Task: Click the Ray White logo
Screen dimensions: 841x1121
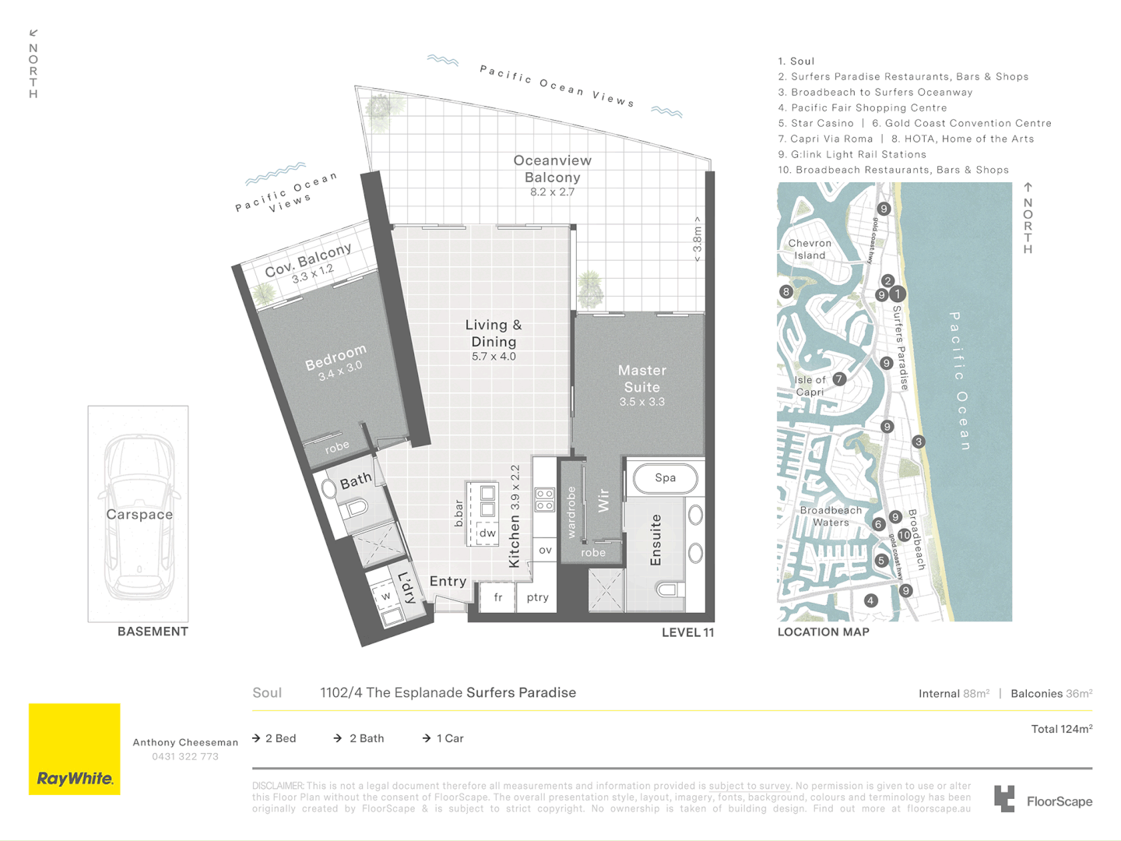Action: (x=75, y=749)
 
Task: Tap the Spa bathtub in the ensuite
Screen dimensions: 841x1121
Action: (x=665, y=478)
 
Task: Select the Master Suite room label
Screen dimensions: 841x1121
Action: (x=641, y=378)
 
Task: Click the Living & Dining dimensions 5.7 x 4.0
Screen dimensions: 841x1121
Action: (x=494, y=357)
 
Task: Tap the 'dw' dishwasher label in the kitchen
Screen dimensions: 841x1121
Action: (x=487, y=533)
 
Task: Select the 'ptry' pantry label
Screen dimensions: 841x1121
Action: (x=537, y=597)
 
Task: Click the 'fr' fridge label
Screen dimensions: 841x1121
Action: (x=497, y=597)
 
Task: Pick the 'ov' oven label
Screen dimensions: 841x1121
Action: (x=545, y=550)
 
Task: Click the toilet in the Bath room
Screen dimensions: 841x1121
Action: (x=356, y=508)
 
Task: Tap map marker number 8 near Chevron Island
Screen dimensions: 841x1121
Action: (x=786, y=292)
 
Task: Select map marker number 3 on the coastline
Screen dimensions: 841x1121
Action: (x=919, y=442)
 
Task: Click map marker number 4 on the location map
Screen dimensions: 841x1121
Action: (x=871, y=600)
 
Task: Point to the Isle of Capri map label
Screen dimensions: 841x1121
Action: (x=810, y=386)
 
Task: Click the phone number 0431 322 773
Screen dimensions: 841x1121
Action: (x=185, y=757)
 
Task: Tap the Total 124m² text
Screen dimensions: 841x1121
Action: (x=1061, y=729)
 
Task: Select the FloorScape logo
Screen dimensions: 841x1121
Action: (x=1043, y=801)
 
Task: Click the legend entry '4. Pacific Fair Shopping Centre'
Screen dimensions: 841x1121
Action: (x=863, y=107)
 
